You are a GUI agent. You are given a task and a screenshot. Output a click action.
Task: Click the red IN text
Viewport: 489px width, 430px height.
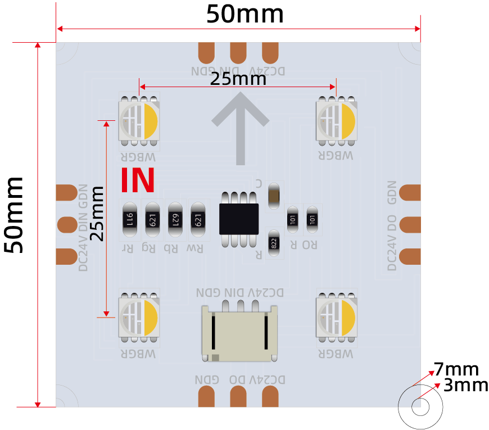138,179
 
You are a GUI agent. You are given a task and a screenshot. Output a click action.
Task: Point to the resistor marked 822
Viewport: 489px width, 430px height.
274,243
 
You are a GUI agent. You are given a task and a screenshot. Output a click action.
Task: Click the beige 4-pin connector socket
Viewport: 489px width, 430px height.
240,333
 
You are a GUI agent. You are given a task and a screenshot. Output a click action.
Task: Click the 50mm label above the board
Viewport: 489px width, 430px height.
245,14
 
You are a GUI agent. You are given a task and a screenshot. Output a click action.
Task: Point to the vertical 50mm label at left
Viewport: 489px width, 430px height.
15,215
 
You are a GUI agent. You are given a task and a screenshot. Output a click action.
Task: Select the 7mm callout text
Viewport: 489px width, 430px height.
456,370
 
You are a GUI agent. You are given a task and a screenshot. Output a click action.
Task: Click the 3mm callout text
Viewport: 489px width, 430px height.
465,386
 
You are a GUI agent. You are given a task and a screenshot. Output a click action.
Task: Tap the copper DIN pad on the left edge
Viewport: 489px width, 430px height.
67,224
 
